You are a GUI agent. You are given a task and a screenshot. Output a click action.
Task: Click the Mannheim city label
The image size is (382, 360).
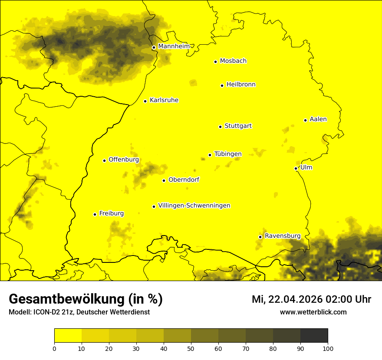(x=174, y=46)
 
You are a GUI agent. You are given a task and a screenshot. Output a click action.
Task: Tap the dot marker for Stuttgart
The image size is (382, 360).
(x=220, y=127)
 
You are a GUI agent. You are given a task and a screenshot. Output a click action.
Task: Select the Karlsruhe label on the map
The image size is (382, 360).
(x=164, y=100)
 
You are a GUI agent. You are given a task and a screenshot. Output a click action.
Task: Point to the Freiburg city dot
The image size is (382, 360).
(x=95, y=214)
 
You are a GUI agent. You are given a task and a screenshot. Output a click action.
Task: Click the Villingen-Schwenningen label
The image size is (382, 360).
(x=194, y=206)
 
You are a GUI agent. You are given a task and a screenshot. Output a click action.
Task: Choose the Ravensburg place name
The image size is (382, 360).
(x=282, y=236)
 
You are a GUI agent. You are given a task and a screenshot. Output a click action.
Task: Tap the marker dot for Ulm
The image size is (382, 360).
(x=296, y=168)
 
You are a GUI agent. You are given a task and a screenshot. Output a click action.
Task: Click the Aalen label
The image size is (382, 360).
(x=318, y=119)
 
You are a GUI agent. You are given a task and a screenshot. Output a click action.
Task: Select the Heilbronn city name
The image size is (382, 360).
(x=241, y=85)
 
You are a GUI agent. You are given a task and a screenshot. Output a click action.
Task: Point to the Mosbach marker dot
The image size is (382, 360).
(x=215, y=62)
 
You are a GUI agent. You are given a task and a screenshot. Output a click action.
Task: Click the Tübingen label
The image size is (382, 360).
(x=228, y=154)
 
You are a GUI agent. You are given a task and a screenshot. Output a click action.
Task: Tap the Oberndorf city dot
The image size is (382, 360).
(x=164, y=180)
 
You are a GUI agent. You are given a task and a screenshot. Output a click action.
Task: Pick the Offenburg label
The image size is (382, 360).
(x=124, y=160)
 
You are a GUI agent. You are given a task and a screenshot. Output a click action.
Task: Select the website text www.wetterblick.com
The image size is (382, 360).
(x=313, y=312)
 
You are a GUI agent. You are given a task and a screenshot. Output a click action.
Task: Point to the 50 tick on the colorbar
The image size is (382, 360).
(x=191, y=348)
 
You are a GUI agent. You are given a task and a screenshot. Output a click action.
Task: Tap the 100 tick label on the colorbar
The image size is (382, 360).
(x=328, y=348)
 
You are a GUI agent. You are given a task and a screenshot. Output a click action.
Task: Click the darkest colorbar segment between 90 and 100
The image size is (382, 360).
(x=314, y=336)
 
